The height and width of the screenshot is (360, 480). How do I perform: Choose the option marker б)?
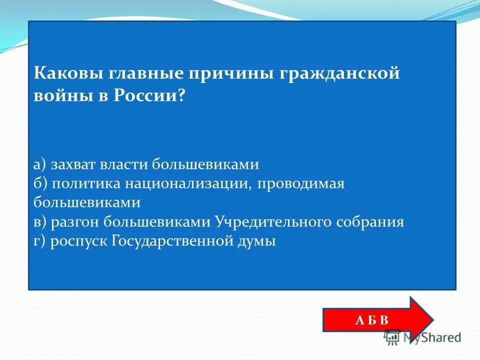point(40,183)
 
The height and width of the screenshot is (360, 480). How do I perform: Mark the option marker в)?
point(40,222)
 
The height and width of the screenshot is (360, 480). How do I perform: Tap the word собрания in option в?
point(369,222)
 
